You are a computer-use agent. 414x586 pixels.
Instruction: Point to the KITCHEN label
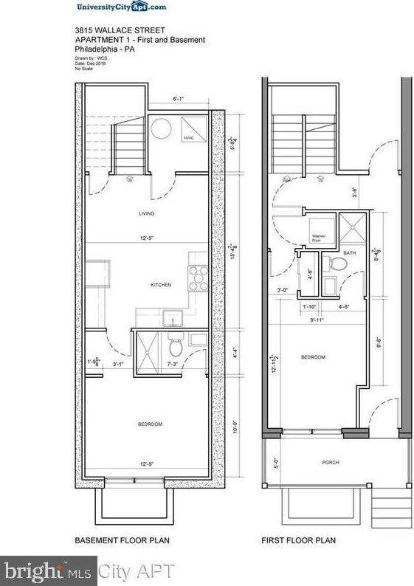[x=161, y=284]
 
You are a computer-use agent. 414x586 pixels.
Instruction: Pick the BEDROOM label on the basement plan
[x=150, y=424]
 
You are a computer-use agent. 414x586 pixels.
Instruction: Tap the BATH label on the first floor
[x=349, y=253]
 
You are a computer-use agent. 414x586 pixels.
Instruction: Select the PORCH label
[x=330, y=463]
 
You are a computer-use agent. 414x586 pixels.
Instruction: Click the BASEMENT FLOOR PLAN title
[x=123, y=541]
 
